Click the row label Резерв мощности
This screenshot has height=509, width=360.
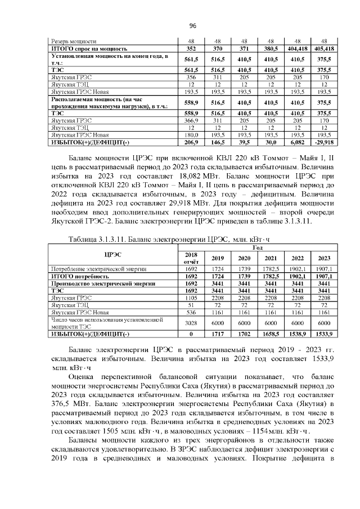coord(74,42)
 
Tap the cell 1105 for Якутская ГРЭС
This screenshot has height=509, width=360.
coord(191,297)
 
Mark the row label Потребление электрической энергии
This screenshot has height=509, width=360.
coord(92,269)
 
